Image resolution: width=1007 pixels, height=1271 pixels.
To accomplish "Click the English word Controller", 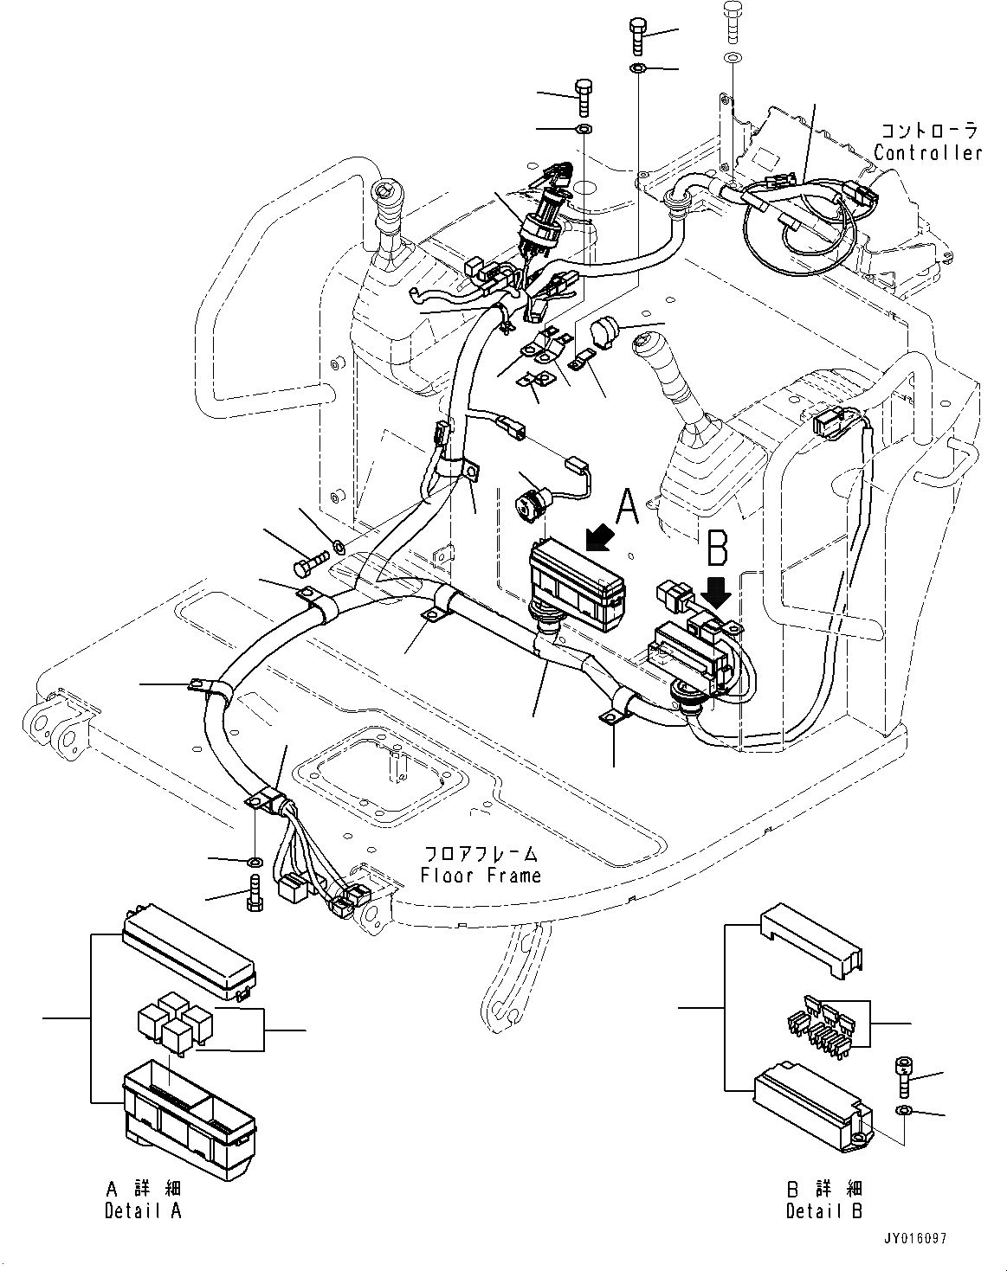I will point(927,153).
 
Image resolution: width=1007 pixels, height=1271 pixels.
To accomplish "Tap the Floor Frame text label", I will point(481,875).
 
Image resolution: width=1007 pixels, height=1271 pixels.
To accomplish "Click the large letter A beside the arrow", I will point(627,507).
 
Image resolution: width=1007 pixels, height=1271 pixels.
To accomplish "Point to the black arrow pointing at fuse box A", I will point(600,538).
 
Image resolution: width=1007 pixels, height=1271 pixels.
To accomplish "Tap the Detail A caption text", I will point(144,1210).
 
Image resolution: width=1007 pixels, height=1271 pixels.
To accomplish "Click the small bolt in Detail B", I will point(903,1074).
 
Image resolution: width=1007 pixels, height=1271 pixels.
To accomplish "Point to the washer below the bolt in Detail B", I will point(903,1109).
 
